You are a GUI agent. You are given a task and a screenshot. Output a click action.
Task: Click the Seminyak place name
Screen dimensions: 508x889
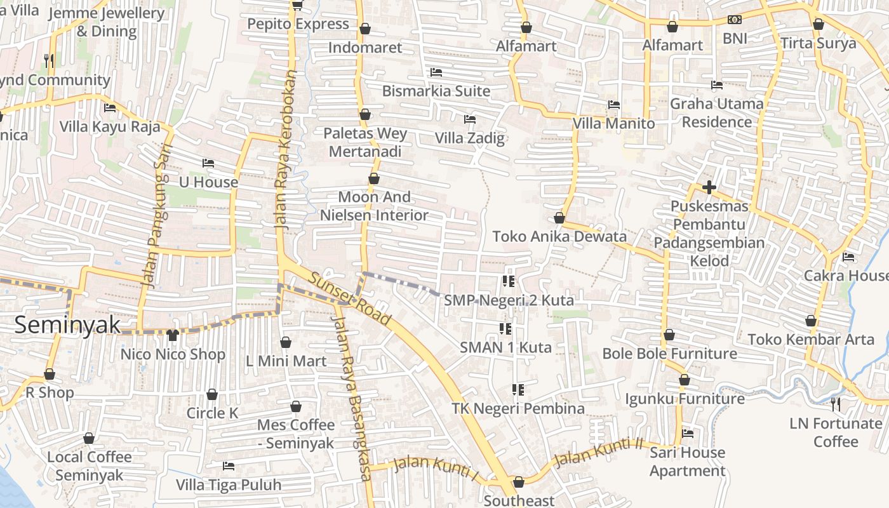tap(67, 325)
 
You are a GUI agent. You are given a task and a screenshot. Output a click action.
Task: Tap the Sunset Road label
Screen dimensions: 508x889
tap(349, 297)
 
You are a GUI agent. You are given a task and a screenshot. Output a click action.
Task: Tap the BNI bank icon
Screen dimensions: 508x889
tap(735, 20)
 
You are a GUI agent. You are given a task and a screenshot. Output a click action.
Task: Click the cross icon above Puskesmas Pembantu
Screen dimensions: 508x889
tap(709, 187)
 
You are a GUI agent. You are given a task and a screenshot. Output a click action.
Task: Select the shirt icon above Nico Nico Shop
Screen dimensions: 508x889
tap(172, 335)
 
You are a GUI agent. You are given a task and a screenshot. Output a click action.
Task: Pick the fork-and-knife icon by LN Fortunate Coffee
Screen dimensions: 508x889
tap(836, 404)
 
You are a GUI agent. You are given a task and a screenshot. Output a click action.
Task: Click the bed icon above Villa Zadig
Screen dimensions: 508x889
tap(470, 119)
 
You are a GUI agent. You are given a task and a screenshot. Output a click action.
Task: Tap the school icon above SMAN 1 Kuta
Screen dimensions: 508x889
tap(505, 328)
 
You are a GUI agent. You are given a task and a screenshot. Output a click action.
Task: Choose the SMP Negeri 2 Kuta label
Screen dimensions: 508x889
tap(509, 300)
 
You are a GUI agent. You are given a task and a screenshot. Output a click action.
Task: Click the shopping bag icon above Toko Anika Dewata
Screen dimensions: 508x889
tap(559, 218)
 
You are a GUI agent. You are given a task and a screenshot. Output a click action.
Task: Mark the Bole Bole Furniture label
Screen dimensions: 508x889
tap(669, 354)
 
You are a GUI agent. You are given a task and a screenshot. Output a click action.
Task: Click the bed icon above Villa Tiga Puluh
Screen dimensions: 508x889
tap(229, 466)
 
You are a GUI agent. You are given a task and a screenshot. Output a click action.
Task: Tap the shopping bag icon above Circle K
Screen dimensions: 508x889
tap(212, 394)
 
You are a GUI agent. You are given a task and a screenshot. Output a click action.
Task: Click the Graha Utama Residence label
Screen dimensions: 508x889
tap(717, 112)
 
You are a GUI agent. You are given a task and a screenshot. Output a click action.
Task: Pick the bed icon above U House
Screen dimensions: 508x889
tap(208, 163)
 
